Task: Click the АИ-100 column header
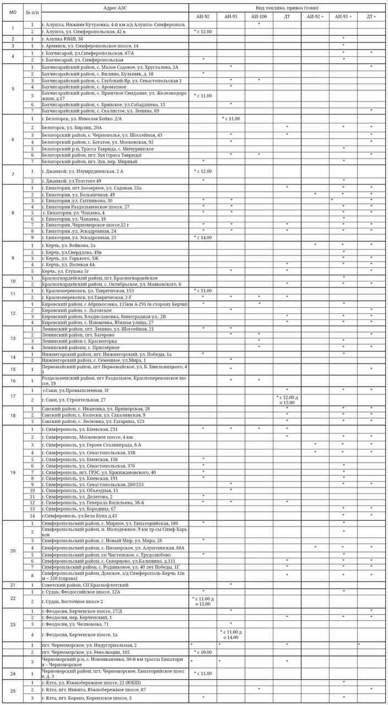[259, 17]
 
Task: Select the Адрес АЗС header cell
[114, 8]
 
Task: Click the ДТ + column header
[371, 17]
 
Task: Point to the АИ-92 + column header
[315, 17]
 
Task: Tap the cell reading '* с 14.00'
[203, 237]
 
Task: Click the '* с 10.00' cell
[203, 652]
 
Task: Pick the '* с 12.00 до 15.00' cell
[287, 399]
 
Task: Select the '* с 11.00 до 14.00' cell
[231, 634]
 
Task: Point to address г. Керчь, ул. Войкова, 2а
[69, 245]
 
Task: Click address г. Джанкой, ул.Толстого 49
[71, 181]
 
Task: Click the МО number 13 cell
[13, 338]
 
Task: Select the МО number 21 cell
[13, 584]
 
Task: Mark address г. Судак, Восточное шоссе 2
[73, 601]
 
